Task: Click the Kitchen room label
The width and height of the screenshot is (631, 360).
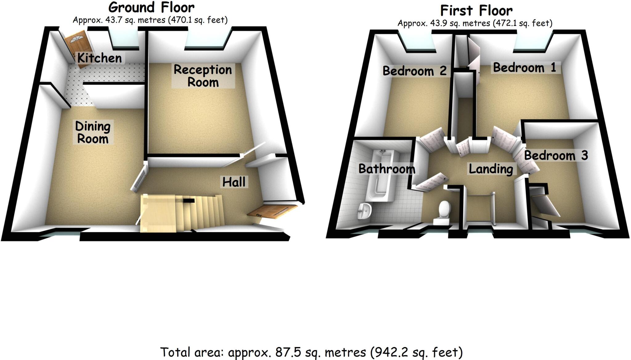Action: pyautogui.click(x=99, y=58)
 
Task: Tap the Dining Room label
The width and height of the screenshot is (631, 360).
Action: pyautogui.click(x=93, y=132)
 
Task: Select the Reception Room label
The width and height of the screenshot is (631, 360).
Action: pyautogui.click(x=203, y=76)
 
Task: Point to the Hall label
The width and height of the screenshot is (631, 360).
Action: pyautogui.click(x=234, y=182)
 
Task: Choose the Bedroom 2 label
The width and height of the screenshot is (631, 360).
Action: pyautogui.click(x=414, y=71)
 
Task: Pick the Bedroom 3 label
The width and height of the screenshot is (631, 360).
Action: pyautogui.click(x=556, y=156)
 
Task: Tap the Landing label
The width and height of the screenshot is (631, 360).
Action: pyautogui.click(x=491, y=169)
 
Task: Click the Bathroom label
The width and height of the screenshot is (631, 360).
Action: pyautogui.click(x=387, y=169)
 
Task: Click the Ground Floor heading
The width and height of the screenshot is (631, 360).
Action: pyautogui.click(x=151, y=7)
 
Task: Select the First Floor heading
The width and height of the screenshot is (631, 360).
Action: pyautogui.click(x=476, y=10)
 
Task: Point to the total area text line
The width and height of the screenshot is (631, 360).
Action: pyautogui.click(x=311, y=352)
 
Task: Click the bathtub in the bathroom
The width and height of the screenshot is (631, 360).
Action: pyautogui.click(x=381, y=176)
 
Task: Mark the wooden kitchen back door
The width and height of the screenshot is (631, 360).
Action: pyautogui.click(x=78, y=49)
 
